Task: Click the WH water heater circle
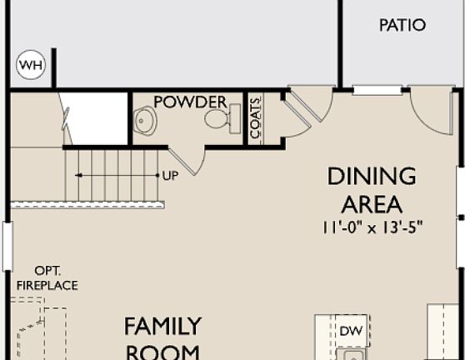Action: pyautogui.click(x=32, y=65)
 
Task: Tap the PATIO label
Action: pyautogui.click(x=402, y=25)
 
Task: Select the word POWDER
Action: pyautogui.click(x=191, y=102)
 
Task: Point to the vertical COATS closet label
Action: pyautogui.click(x=255, y=118)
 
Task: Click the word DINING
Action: pyautogui.click(x=372, y=176)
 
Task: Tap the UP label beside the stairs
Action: pyautogui.click(x=170, y=176)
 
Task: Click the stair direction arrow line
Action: pyautogui.click(x=117, y=176)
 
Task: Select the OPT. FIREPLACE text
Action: pyautogui.click(x=46, y=278)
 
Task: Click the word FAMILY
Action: pyautogui.click(x=163, y=324)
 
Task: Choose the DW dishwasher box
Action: pyautogui.click(x=352, y=331)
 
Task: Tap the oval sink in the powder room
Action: pyautogui.click(x=146, y=122)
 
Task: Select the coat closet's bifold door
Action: pyautogui.click(x=296, y=110)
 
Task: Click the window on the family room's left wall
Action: pyautogui.click(x=7, y=247)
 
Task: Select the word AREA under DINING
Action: pyautogui.click(x=372, y=203)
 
